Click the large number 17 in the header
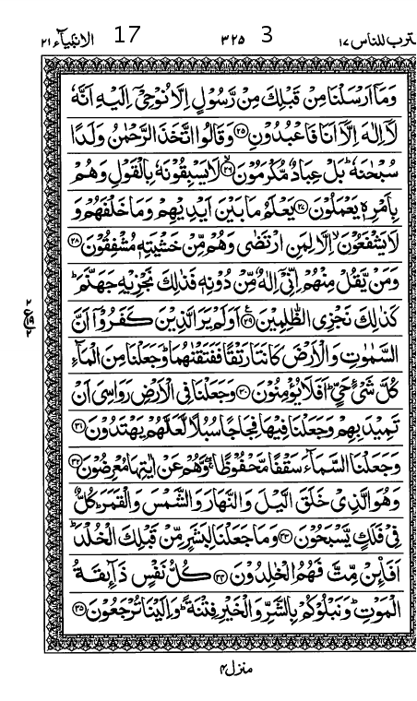tap(128, 38)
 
